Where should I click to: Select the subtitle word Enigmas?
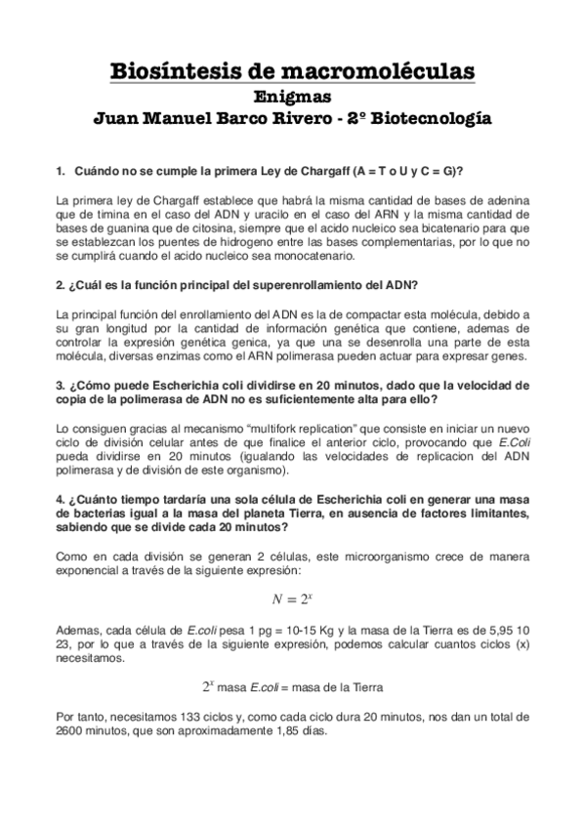tap(292, 97)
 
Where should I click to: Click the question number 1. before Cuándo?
tap(62, 170)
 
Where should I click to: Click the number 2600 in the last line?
tap(72, 733)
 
